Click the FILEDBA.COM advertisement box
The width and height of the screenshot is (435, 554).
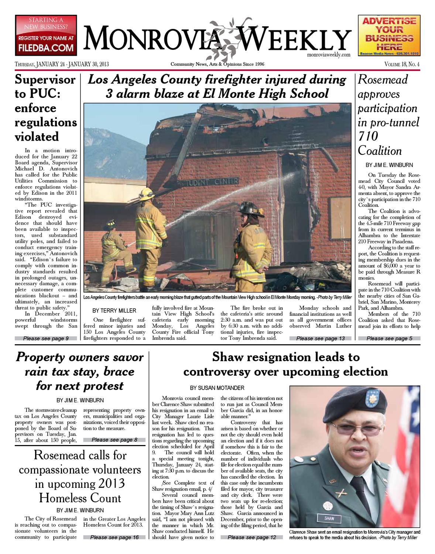click(x=46, y=35)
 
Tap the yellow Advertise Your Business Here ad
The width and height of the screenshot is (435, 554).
click(x=389, y=35)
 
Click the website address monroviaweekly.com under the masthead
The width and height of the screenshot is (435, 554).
click(x=328, y=55)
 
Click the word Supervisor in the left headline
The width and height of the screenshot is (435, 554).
click(x=45, y=80)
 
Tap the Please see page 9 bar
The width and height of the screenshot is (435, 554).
click(x=46, y=338)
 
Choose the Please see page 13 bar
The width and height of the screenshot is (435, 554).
click(x=320, y=338)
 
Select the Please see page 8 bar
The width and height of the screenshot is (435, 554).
click(x=114, y=440)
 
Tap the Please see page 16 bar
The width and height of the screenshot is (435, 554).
click(x=114, y=537)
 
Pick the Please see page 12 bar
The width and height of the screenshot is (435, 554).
click(x=252, y=537)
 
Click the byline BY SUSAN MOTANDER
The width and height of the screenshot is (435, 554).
click(x=217, y=388)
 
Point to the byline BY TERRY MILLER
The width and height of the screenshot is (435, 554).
click(x=114, y=311)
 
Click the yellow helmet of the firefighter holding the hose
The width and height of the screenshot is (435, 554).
click(x=146, y=193)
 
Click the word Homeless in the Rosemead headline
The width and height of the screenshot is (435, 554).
click(x=61, y=498)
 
